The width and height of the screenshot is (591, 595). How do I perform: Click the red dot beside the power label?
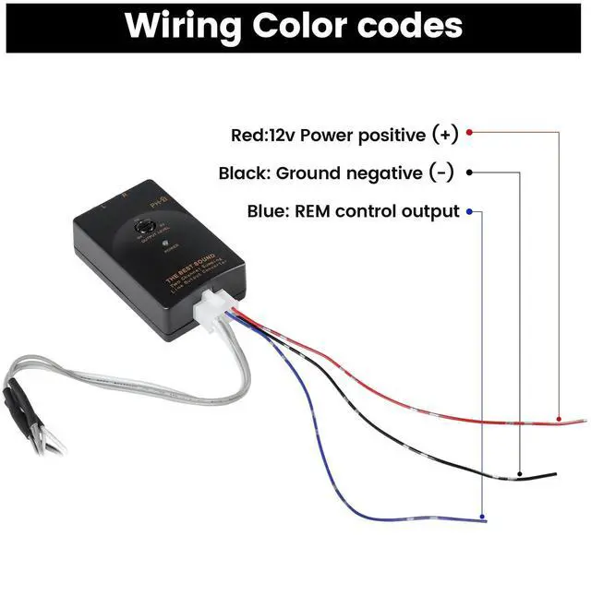coord(469,133)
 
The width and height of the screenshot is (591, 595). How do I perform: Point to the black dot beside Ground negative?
coord(469,173)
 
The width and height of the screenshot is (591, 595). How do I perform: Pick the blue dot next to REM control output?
coord(469,211)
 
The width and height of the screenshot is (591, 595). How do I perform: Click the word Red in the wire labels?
coord(247,135)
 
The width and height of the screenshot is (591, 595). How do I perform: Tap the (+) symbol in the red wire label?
coord(444,135)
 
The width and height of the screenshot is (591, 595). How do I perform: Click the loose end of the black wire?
coord(554,475)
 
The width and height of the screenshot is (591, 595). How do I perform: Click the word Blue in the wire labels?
coord(267,211)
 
